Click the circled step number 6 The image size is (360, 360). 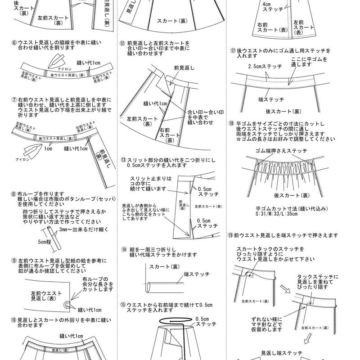[x=14, y=43]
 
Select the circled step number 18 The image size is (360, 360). [x=231, y=123]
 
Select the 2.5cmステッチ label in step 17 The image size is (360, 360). [x=265, y=67]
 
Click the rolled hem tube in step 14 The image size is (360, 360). [x=150, y=285]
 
